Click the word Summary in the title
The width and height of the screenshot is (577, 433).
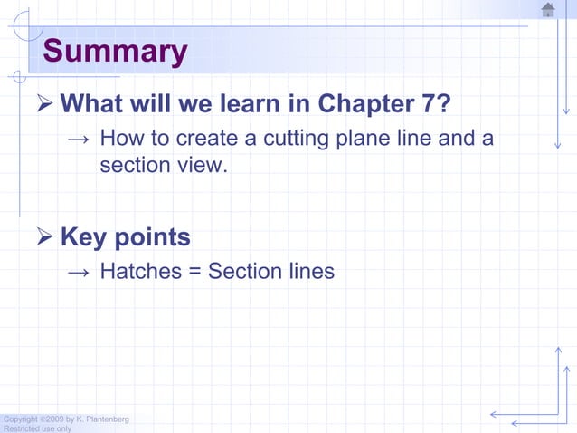[114, 52]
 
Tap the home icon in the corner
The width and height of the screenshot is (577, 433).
[548, 10]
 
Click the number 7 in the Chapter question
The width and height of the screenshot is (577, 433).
[432, 105]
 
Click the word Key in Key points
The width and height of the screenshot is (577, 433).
[84, 238]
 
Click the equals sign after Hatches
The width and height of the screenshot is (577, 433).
[194, 272]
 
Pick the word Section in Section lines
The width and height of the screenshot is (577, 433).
[243, 271]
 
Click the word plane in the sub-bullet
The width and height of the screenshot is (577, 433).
[366, 140]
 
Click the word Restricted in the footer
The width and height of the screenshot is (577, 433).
[19, 428]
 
